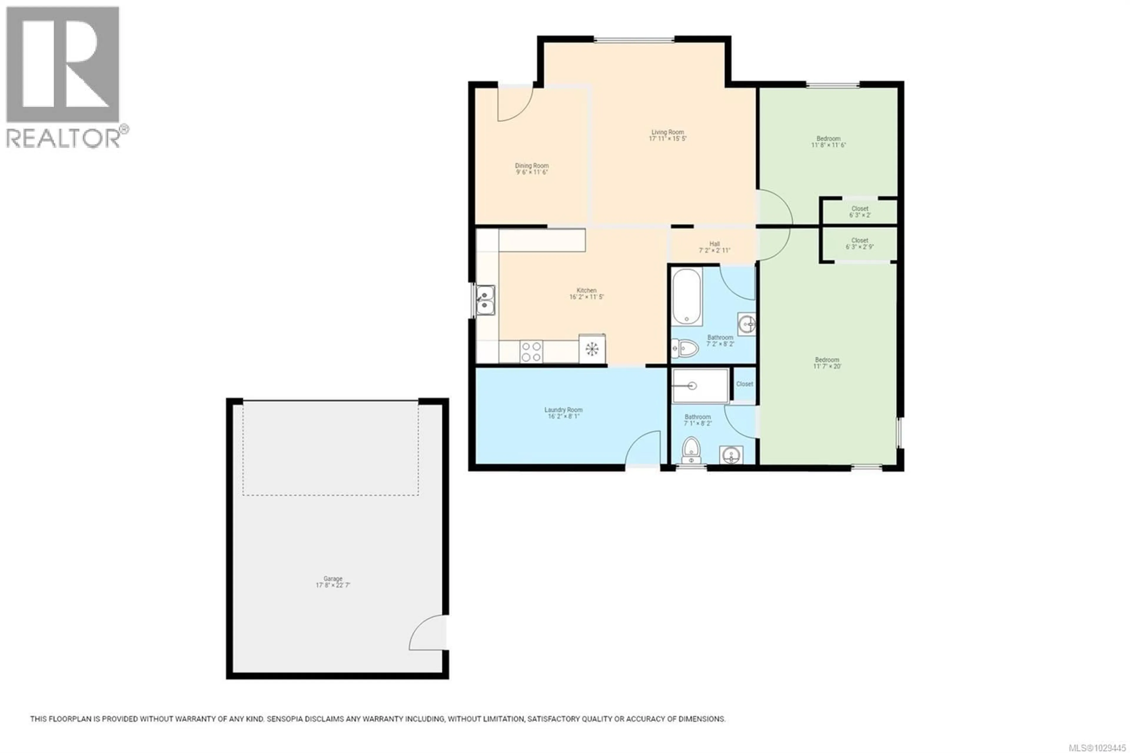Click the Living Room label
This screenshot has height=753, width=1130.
[667, 132]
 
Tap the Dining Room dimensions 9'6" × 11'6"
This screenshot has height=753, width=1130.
[531, 172]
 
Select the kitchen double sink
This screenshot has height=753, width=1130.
[485, 300]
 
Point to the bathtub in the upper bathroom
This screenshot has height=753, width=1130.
[687, 296]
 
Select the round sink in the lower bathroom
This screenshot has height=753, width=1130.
[731, 454]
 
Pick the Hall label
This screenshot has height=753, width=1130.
[714, 244]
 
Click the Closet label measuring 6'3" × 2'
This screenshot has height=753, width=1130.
[860, 209]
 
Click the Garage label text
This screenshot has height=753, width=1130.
[333, 579]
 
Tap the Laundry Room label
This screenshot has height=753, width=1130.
[563, 410]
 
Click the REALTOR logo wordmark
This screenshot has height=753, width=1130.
[67, 138]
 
